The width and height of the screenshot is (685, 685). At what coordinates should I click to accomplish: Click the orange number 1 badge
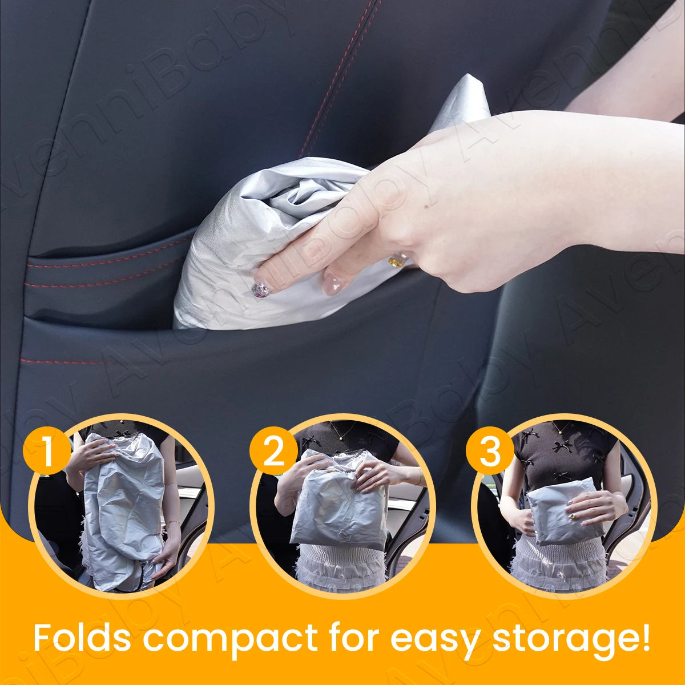coord(47,450)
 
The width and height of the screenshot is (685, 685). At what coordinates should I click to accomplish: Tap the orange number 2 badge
coord(273,450)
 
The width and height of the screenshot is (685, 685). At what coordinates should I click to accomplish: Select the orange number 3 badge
coord(489,450)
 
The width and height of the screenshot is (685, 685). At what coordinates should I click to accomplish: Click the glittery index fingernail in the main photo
coord(261,288)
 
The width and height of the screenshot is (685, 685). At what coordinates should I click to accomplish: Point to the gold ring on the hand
coord(397,260)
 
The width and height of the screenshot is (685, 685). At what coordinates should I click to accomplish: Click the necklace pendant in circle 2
coord(341,438)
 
